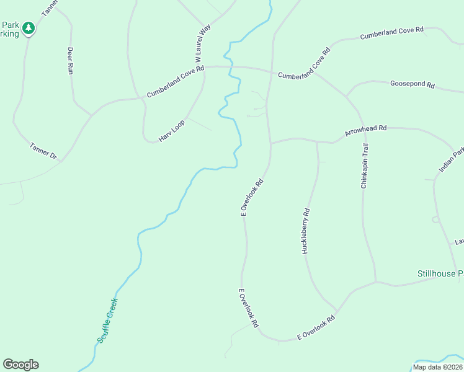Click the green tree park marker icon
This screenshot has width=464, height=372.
coord(28,28)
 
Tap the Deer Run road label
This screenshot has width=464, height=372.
coord(70,61)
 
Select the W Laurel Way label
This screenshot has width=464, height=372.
coord(200,43)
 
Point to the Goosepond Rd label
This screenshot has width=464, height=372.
coord(413,85)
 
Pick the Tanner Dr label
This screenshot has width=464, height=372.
coord(43,151)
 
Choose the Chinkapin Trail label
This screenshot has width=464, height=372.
coord(365,166)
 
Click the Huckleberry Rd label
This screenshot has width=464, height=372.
coord(306,231)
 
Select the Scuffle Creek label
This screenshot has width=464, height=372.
coord(107,321)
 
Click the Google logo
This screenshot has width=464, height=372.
coord(20,365)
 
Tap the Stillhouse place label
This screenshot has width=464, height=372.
coord(440,273)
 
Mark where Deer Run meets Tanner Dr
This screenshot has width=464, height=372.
coord(91,115)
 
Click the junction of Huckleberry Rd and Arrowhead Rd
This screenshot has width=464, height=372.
coord(317,141)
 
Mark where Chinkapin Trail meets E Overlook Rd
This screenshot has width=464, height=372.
coord(376,282)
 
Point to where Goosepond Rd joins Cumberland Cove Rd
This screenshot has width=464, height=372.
coord(346,97)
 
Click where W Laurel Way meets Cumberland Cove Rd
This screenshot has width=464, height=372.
coord(205,67)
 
